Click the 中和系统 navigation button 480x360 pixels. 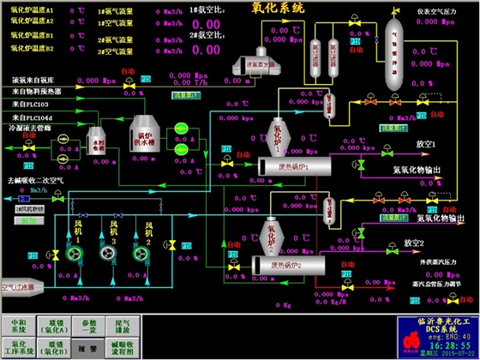18,327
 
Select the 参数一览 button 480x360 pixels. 90,327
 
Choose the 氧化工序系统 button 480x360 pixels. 18,348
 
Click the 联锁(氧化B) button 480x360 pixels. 54,348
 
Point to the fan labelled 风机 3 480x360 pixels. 111,248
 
